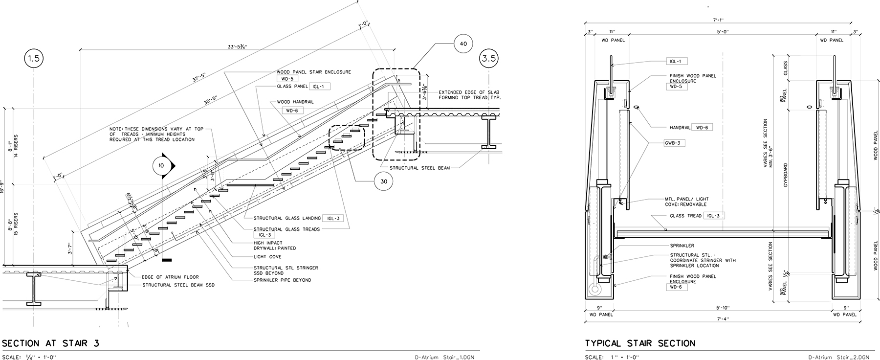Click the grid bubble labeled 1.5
[x=33, y=59]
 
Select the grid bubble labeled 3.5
[x=489, y=58]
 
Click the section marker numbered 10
[x=162, y=165]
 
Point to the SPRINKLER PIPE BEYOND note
[x=282, y=280]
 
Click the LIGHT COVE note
[x=267, y=257]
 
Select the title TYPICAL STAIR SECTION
[x=640, y=343]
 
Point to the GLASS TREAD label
[x=685, y=216]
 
